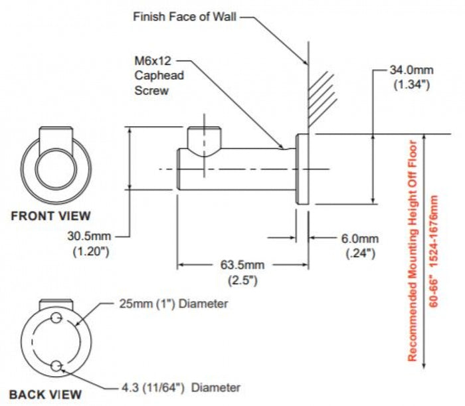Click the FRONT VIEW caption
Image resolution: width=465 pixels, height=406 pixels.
click(x=50, y=216)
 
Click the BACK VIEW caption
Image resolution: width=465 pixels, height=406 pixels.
click(x=45, y=395)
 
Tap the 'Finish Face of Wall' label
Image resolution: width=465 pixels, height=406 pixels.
click(x=185, y=17)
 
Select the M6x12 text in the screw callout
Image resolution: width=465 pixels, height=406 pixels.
click(x=153, y=60)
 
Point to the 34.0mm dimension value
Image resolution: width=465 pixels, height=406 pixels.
click(x=412, y=70)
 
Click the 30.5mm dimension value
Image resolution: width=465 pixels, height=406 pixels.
click(x=89, y=236)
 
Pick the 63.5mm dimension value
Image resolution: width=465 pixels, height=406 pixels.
click(x=242, y=264)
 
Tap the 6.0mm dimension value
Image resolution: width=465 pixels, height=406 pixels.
click(x=360, y=239)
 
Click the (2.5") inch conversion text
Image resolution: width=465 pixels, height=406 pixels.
click(x=242, y=280)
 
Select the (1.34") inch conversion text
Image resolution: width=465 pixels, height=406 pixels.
click(x=412, y=85)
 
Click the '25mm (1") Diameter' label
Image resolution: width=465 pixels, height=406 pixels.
click(x=173, y=304)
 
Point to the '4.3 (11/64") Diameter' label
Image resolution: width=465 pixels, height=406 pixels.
click(x=181, y=387)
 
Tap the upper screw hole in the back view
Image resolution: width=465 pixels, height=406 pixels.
click(x=56, y=318)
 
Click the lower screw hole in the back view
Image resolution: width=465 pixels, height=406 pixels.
click(x=56, y=366)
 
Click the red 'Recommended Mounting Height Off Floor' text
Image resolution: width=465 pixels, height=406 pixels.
click(x=413, y=251)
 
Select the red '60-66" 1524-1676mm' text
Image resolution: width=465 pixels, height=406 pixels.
click(x=434, y=251)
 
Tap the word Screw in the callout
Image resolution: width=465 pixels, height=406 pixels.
click(x=151, y=90)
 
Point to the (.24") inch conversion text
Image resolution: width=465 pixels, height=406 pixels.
click(x=361, y=254)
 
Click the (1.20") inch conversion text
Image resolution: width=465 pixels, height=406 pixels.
click(x=91, y=251)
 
